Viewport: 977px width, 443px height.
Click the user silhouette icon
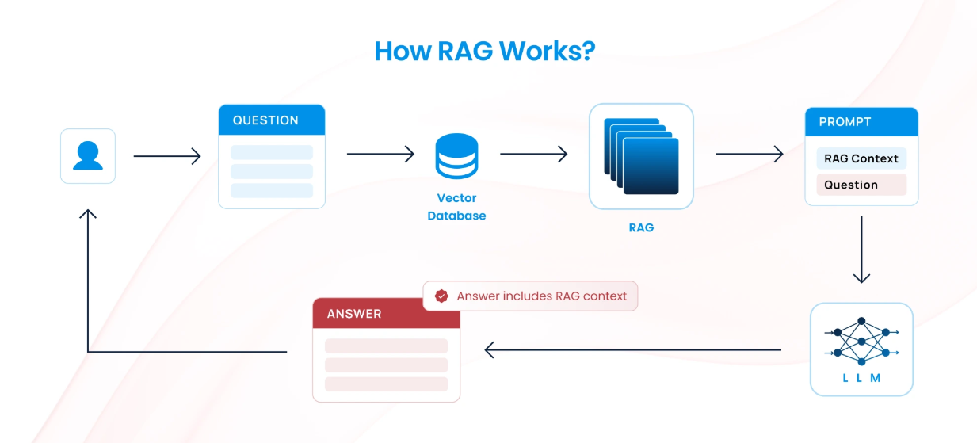88,155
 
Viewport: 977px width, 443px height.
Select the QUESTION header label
265,120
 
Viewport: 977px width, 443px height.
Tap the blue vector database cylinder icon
456,156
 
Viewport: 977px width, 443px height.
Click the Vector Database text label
456,207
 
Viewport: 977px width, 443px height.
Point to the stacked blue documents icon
641,156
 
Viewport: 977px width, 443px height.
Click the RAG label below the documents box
641,227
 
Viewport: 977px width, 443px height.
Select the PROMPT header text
845,122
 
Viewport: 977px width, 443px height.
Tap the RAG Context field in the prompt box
861,158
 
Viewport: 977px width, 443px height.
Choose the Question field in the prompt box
861,185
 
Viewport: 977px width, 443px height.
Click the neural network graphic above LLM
861,341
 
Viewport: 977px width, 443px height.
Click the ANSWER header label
354,314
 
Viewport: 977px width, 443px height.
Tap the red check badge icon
441,296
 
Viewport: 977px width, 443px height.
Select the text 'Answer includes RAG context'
542,296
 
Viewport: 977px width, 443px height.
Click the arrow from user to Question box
167,156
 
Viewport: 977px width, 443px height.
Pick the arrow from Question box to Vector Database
380,154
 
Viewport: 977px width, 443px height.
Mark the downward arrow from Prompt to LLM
861,250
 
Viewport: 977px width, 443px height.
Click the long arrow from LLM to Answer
633,349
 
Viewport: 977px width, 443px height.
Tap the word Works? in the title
548,51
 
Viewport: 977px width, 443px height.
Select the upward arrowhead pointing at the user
88,213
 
